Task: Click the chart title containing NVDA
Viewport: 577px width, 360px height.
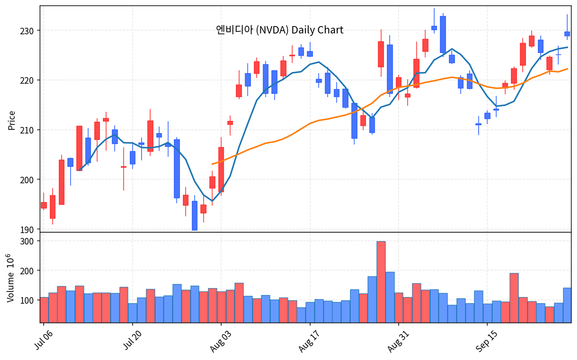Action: [280, 30]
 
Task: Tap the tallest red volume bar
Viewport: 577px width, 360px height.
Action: [381, 282]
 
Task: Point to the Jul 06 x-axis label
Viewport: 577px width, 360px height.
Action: [43, 340]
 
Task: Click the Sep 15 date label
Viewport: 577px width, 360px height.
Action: [486, 341]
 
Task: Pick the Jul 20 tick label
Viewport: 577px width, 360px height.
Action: [132, 340]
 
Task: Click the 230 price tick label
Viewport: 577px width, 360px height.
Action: [27, 31]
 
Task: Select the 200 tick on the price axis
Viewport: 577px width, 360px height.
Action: [27, 180]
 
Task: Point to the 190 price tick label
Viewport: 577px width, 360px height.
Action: [27, 230]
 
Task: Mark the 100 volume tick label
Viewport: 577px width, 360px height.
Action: [27, 300]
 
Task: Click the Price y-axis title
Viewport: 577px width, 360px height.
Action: [11, 120]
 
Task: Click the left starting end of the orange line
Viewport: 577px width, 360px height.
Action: [212, 164]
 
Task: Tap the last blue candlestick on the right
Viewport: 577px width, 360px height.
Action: [567, 34]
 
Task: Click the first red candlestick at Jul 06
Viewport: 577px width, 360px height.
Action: [44, 205]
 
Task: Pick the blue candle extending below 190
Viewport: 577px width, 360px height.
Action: [195, 216]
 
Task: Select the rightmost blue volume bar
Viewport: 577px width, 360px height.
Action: [567, 305]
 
